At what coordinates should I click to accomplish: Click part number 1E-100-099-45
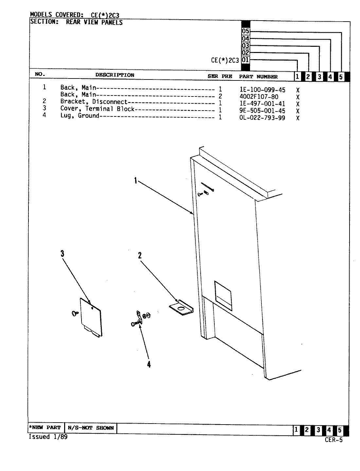pyautogui.click(x=262, y=90)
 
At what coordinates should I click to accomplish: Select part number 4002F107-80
pyautogui.click(x=259, y=97)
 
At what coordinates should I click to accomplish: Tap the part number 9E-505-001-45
pyautogui.click(x=262, y=111)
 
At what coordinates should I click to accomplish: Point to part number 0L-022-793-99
pyautogui.click(x=262, y=118)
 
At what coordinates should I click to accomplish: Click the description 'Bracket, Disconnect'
pyautogui.click(x=94, y=102)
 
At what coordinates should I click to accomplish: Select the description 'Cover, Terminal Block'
pyautogui.click(x=97, y=109)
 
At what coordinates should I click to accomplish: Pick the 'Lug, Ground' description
pyautogui.click(x=80, y=116)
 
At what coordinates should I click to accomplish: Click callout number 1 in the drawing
pyautogui.click(x=135, y=180)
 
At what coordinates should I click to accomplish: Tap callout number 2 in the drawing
pyautogui.click(x=140, y=255)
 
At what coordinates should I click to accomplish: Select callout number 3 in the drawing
pyautogui.click(x=62, y=253)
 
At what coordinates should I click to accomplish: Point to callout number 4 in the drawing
pyautogui.click(x=149, y=364)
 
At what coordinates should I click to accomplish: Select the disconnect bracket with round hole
pyautogui.click(x=181, y=308)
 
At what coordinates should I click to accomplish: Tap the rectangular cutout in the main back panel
pyautogui.click(x=223, y=295)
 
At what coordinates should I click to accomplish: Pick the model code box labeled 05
pyautogui.click(x=245, y=31)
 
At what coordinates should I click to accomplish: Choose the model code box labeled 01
pyautogui.click(x=245, y=60)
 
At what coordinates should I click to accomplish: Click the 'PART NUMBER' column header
pyautogui.click(x=258, y=77)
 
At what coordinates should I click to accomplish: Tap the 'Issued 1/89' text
pyautogui.click(x=48, y=437)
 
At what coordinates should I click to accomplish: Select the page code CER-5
pyautogui.click(x=333, y=440)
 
